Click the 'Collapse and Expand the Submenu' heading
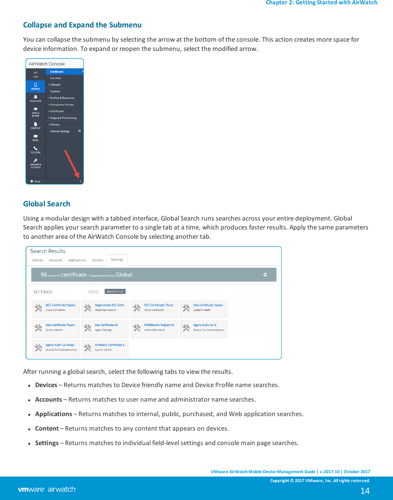(82, 25)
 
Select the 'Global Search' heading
(47, 204)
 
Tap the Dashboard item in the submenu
(57, 72)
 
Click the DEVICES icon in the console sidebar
(35, 86)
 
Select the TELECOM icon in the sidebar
(35, 150)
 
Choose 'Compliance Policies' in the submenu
(62, 105)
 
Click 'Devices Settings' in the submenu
(60, 131)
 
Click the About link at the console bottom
(37, 181)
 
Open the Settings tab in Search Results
(117, 260)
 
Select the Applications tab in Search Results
(77, 260)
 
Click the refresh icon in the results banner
(265, 275)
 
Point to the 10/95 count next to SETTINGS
(93, 292)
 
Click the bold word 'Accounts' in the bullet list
(48, 399)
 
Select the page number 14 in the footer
(365, 491)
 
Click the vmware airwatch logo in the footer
(47, 489)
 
